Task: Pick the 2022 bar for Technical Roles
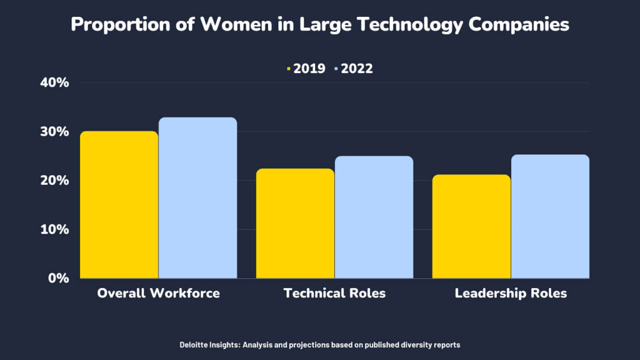[x=374, y=217]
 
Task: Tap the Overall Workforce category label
[x=158, y=293]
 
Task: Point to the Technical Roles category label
[x=334, y=293]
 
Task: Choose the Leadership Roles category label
[x=511, y=293]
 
